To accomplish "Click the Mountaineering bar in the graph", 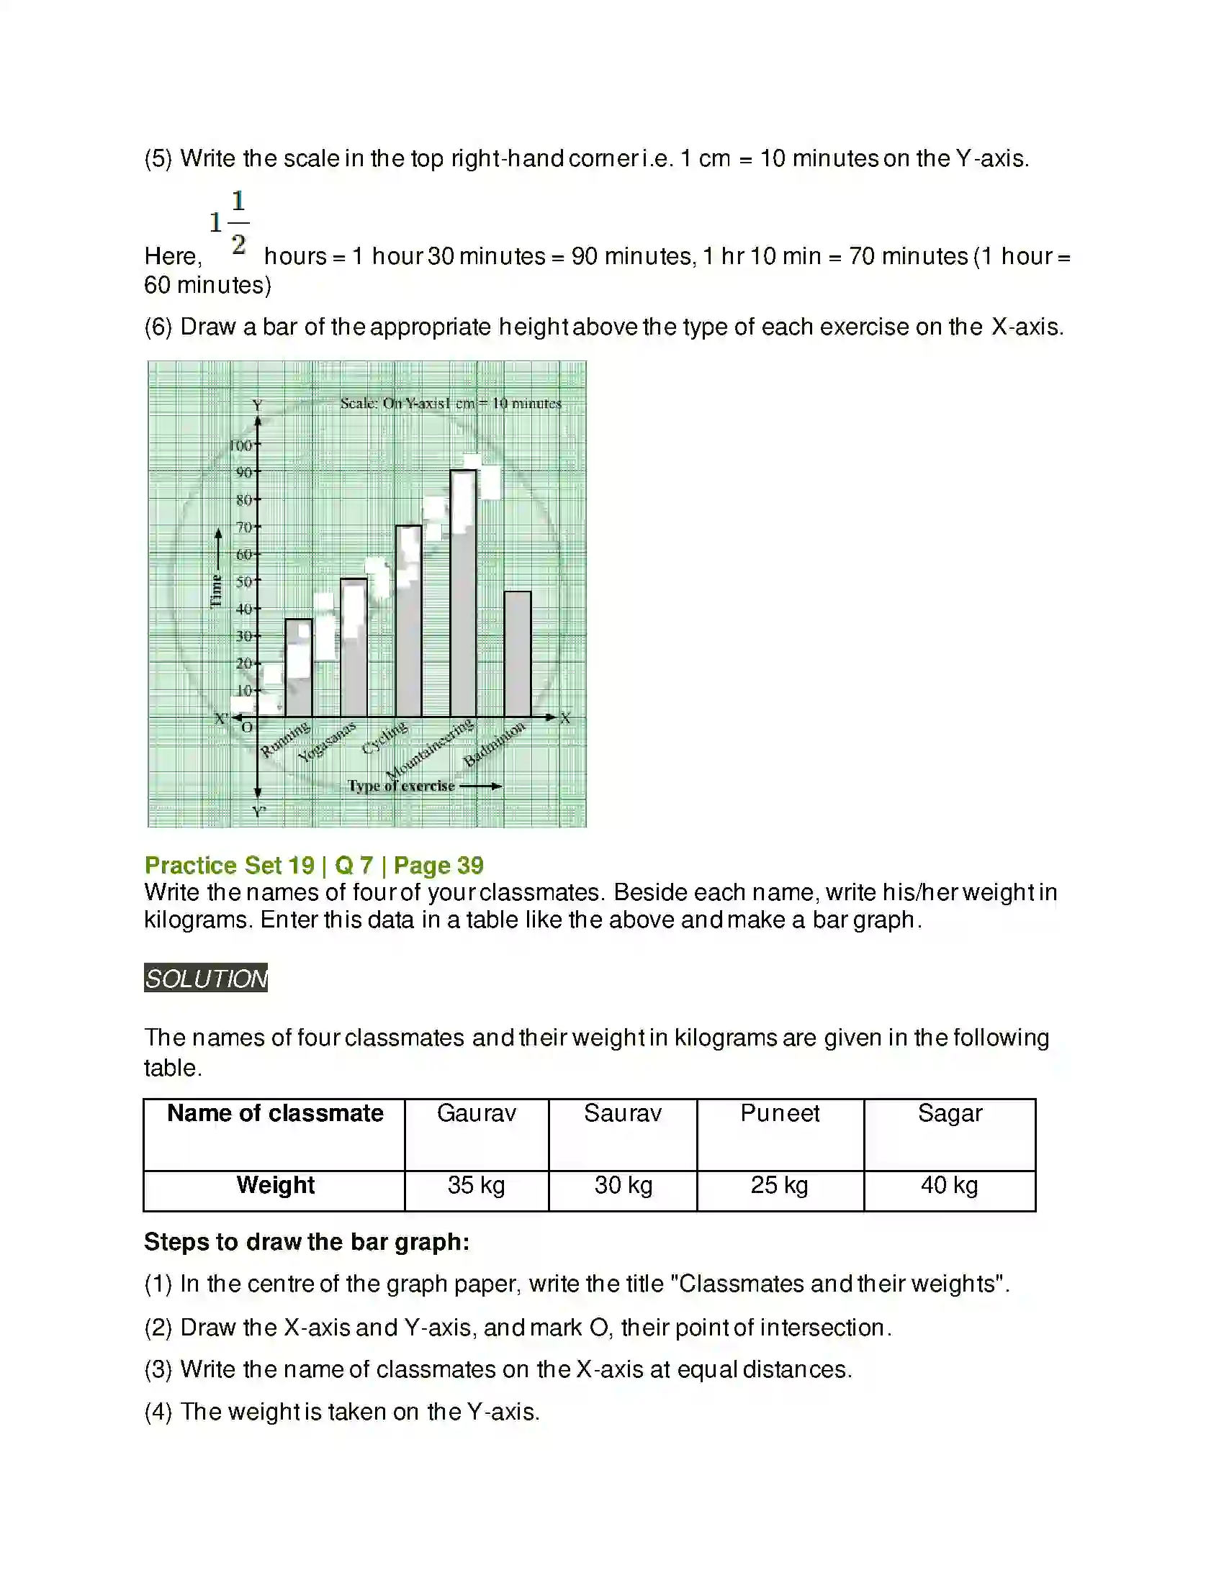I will (464, 594).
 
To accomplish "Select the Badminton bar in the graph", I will (518, 655).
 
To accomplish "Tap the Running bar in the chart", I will (299, 668).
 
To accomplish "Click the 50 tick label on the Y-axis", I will (243, 581).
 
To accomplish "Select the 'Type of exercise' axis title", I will (401, 786).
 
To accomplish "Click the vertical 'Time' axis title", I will (216, 591).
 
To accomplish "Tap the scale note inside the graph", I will (451, 403).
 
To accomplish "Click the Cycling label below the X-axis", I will (384, 737).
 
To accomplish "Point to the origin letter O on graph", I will (247, 727).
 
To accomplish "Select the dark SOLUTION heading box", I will (206, 978).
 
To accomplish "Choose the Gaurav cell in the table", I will (477, 1113).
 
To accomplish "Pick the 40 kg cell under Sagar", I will (949, 1185).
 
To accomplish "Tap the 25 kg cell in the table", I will (780, 1185).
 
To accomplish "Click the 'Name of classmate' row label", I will (275, 1113).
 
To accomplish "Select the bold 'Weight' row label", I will (275, 1185).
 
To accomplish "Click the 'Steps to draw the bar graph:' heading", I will (307, 1243).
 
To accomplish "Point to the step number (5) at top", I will (158, 159).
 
